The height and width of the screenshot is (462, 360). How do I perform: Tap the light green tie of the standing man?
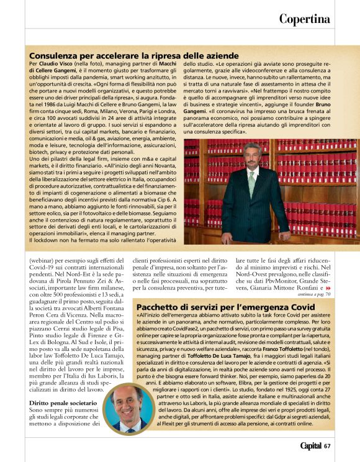click(251, 183)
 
